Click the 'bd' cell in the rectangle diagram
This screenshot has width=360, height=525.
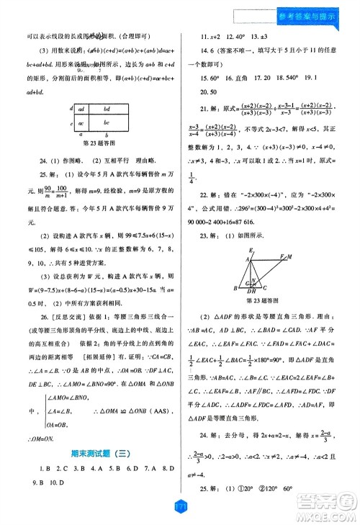pos(107,109)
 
